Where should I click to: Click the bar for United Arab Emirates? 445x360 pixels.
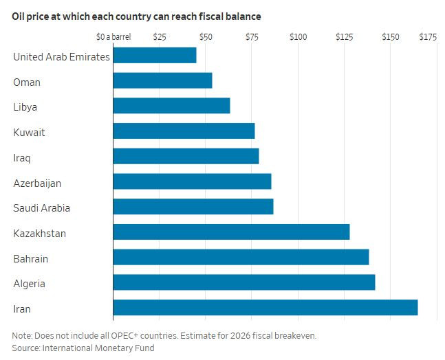coord(154,56)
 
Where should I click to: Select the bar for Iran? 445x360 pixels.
coord(265,308)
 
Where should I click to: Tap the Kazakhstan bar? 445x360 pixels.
coord(231,232)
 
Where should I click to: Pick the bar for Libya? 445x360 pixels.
coord(171,106)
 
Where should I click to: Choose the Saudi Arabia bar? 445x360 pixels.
coord(193,207)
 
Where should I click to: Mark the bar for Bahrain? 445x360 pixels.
coord(241,258)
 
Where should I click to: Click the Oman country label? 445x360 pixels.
coord(27,82)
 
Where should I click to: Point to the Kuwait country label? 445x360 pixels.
coord(29,133)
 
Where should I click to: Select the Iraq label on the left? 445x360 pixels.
coord(22,158)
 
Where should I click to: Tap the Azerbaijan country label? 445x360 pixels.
coord(37,183)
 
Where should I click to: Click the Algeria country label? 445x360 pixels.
coord(30,284)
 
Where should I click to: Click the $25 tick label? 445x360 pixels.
coord(160,36)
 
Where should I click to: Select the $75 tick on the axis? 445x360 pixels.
coord(252,36)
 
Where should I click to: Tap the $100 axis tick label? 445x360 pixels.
coord(298,36)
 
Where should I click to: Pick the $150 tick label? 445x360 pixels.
coord(391,36)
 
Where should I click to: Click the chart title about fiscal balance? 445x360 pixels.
coord(136,15)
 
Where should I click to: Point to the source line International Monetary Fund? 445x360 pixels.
coord(83,348)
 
